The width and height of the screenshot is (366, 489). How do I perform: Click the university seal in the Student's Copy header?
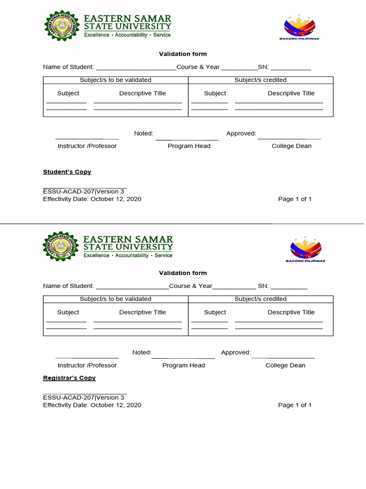point(62,26)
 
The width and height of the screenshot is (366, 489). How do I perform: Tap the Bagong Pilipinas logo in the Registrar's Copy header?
point(305,248)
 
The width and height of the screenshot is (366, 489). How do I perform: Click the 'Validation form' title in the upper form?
point(183,54)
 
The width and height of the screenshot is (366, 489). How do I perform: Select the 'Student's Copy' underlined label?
point(67,172)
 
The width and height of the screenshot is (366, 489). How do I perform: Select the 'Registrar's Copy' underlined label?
point(69,378)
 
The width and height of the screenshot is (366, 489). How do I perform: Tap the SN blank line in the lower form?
point(289,287)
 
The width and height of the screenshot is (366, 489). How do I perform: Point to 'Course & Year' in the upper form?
point(198,67)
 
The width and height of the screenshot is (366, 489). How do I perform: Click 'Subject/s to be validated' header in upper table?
point(115,80)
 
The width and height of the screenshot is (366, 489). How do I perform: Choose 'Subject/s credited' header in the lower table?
point(260,299)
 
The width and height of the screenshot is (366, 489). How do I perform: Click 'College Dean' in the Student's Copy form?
point(291,146)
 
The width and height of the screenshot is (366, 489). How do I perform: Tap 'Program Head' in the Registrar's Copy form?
point(183,365)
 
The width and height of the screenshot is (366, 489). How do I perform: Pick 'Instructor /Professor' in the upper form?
point(87,146)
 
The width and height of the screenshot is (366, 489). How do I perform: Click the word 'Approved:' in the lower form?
point(235,352)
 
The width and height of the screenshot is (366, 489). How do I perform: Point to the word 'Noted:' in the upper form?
point(143,134)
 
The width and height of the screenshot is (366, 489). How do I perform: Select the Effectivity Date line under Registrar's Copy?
point(92,405)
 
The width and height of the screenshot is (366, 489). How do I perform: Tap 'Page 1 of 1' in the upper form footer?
point(295,199)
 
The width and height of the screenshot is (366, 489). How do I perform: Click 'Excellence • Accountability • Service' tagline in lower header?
point(128,255)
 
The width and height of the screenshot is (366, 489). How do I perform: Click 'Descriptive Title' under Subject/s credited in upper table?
point(291,94)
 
